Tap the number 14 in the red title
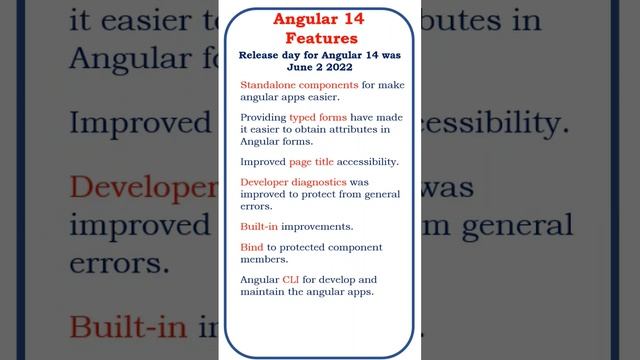(357, 19)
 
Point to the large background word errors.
(119, 263)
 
